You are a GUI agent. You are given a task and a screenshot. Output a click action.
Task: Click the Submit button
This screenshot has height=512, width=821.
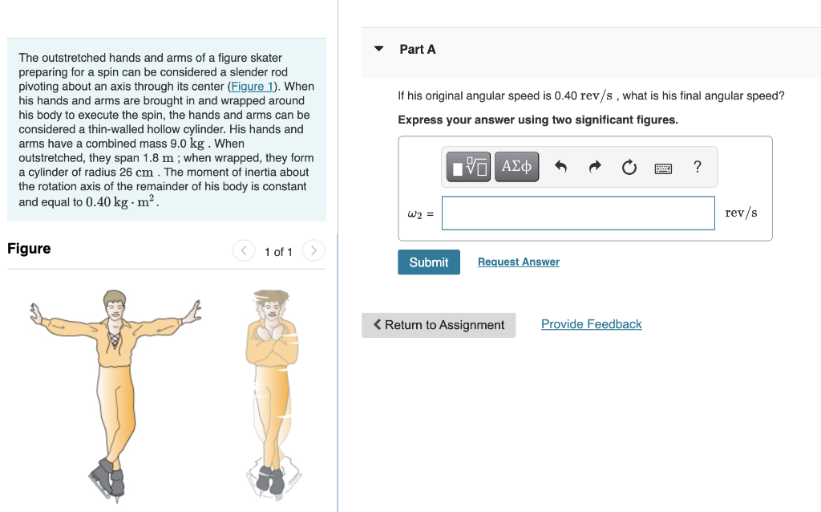pos(429,262)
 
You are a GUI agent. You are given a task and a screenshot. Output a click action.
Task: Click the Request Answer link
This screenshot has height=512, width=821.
pos(518,262)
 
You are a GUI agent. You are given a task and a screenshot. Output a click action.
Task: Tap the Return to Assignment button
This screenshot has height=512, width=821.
pos(439,325)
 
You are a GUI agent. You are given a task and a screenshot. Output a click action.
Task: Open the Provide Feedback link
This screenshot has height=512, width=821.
pos(591,324)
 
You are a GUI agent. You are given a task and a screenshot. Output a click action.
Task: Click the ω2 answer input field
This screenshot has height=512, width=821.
pos(578,213)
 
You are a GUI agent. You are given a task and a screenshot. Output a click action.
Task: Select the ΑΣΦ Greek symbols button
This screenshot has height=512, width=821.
pos(516,167)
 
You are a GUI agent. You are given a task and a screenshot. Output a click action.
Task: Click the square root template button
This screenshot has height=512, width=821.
pos(468,167)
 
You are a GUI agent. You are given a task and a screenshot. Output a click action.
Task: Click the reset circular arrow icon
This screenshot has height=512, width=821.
pos(629,167)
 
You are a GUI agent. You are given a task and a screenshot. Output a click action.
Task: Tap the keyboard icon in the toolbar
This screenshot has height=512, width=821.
pos(663,167)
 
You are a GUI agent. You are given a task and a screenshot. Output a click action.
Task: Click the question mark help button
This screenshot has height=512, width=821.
pos(698,167)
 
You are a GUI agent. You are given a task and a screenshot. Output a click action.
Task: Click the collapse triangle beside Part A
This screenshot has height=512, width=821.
pos(379,49)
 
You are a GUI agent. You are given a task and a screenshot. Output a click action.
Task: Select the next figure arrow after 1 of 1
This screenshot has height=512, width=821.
pos(314,251)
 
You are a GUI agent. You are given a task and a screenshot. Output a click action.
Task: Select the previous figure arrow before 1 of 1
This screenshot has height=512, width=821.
pos(244,251)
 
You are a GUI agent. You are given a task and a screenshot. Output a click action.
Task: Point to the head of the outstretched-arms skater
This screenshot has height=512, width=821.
pos(115,304)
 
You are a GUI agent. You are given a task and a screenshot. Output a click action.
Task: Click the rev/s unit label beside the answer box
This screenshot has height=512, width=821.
pos(741,213)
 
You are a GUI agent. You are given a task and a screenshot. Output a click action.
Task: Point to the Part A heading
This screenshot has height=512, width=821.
pos(418,49)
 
